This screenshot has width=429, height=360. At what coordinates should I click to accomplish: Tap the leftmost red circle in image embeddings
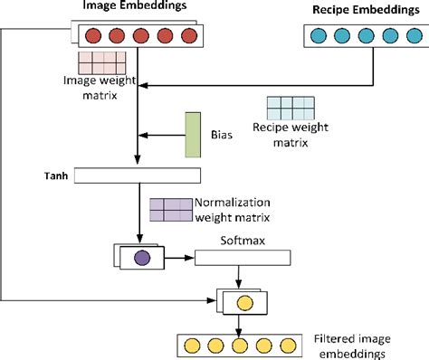click(91, 37)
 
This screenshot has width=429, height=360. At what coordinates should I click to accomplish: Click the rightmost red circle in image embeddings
click(188, 37)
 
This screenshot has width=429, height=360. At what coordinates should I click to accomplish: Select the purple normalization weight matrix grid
click(171, 210)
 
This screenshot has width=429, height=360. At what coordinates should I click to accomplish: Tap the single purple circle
click(141, 259)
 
